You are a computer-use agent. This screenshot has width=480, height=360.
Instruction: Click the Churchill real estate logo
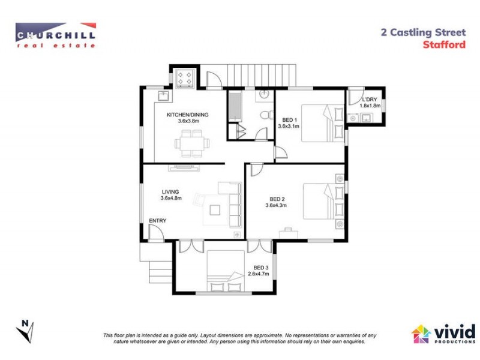coord(56,35)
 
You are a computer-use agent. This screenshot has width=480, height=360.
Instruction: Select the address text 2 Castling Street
coord(423,33)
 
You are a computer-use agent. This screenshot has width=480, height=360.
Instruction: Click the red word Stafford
coord(445,44)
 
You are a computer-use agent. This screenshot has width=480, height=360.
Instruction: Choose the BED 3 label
coord(260,271)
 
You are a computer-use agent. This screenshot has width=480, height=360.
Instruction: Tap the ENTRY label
coord(157,221)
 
